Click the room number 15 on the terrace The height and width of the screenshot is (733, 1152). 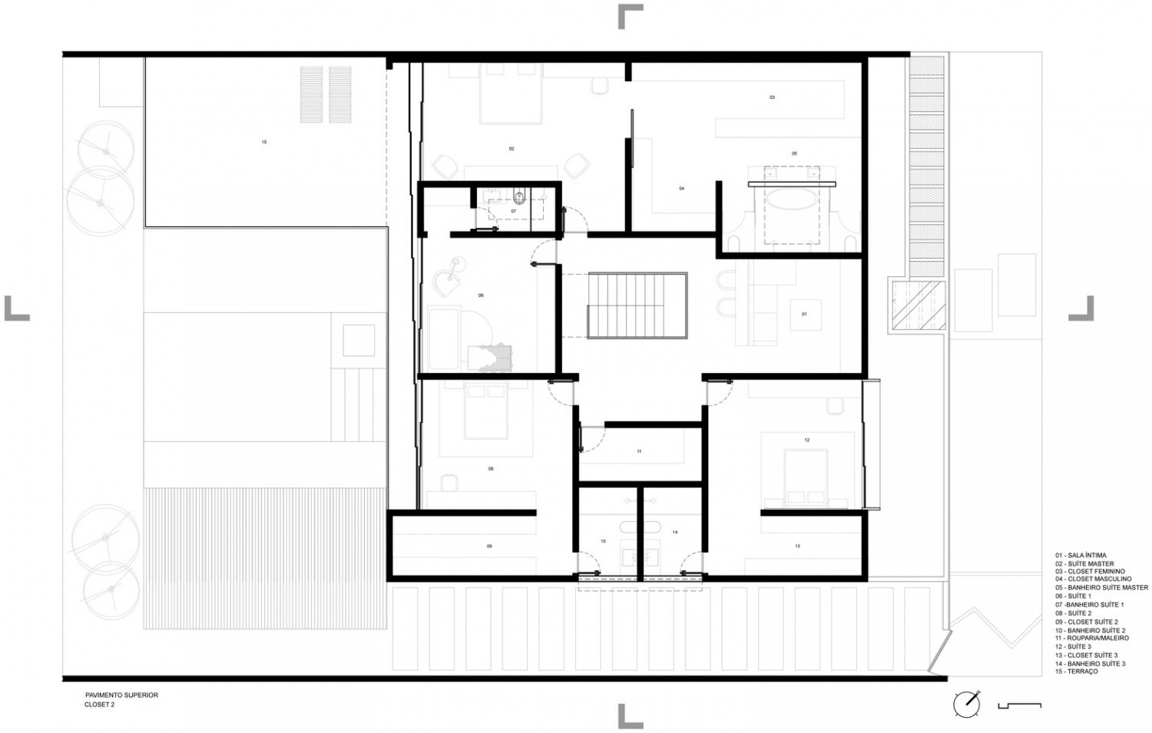[264, 142]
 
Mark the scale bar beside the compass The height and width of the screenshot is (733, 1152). [1019, 705]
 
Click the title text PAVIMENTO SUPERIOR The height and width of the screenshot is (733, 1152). [121, 695]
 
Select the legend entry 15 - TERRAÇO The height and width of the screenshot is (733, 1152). [1076, 672]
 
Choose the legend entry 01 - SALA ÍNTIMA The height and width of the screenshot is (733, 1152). [1081, 555]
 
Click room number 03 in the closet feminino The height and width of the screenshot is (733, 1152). [772, 97]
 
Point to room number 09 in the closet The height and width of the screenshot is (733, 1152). [489, 546]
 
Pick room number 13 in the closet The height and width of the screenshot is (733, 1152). [797, 546]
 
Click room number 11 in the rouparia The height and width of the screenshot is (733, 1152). [639, 451]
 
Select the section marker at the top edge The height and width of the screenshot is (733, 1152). [630, 16]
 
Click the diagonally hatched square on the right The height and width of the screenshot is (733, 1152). [917, 305]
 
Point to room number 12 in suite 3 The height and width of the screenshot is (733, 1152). [807, 441]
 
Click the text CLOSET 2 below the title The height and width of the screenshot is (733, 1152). [100, 705]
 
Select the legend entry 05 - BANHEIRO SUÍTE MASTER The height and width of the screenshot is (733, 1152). [1101, 588]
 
